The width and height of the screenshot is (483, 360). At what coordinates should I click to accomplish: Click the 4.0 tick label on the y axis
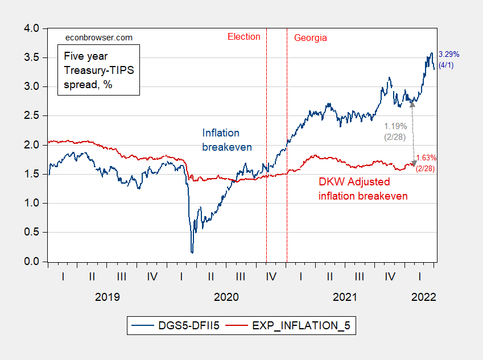click(32, 28)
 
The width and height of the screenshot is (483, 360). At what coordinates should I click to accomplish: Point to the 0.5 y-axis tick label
click(32, 233)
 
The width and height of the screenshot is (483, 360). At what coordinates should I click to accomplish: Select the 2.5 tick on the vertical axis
click(32, 115)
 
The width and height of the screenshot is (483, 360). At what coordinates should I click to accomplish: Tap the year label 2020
click(226, 297)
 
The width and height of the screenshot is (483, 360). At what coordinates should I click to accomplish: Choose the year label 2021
click(345, 297)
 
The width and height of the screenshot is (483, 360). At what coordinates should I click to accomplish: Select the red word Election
click(243, 37)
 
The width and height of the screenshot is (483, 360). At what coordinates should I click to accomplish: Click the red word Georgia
click(311, 38)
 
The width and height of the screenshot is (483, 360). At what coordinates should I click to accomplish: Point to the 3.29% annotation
click(448, 55)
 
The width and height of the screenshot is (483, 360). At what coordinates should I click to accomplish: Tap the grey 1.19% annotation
click(396, 126)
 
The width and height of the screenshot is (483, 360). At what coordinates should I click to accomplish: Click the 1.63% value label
click(426, 158)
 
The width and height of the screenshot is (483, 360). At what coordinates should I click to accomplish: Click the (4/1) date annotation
click(446, 65)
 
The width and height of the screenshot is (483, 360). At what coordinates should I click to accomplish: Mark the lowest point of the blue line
click(192, 253)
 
